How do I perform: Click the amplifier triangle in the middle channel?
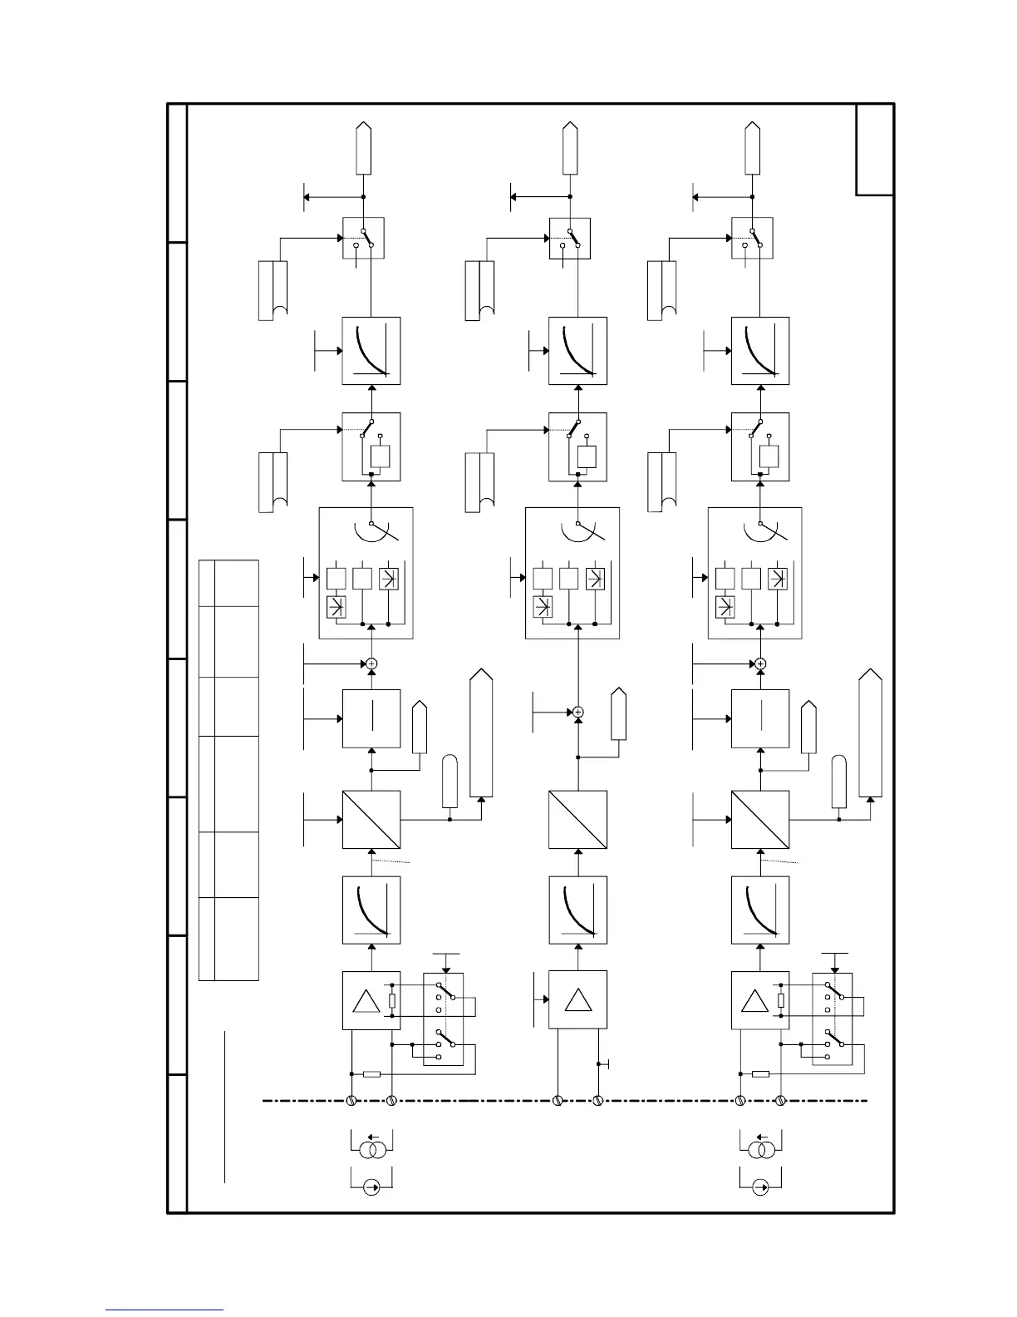click(x=577, y=1000)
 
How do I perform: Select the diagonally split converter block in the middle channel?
click(x=577, y=820)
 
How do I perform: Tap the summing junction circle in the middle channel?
click(x=578, y=712)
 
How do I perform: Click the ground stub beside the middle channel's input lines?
click(x=607, y=1064)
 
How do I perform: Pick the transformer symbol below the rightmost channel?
click(x=760, y=1151)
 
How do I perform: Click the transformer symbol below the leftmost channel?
click(x=371, y=1151)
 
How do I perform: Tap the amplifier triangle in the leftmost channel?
click(x=366, y=1000)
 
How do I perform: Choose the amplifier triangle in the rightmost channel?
click(x=755, y=1000)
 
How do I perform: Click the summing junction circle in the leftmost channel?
click(x=371, y=663)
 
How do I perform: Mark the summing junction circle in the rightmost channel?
click(x=760, y=663)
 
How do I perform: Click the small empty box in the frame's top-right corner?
click(x=875, y=150)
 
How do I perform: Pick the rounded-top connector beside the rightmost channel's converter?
click(x=839, y=782)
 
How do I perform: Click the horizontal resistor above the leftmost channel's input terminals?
click(x=371, y=1074)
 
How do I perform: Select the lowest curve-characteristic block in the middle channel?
click(x=577, y=910)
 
